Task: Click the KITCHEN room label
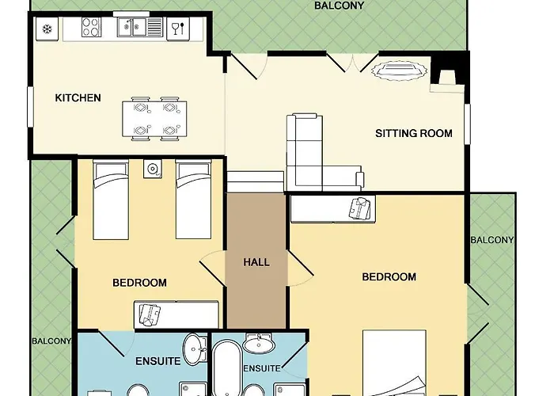coord(78,98)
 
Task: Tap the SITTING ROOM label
coord(414,133)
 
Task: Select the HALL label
coord(256,262)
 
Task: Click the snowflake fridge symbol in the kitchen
coord(47,29)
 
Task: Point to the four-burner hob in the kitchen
coord(91,27)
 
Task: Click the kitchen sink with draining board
coord(139,27)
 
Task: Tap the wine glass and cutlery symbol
coord(178,29)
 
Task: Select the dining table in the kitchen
coord(154,119)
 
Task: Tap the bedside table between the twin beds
coord(153,169)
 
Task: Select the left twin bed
coord(111,200)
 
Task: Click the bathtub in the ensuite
coord(227,367)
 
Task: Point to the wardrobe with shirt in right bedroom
coord(332,209)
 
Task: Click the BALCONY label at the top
coord(339,6)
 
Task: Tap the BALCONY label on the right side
coord(492,240)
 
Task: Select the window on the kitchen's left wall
coord(30,107)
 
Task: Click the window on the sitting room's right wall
coord(467,124)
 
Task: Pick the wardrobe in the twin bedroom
coord(176,314)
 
